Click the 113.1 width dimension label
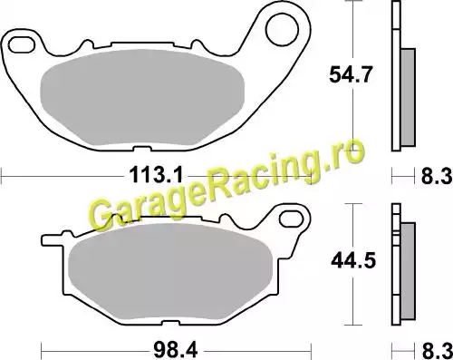[156, 175]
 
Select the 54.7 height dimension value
[350, 74]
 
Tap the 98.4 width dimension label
[175, 351]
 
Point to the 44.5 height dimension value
[353, 260]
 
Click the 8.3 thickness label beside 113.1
[437, 176]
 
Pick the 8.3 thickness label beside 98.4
[437, 351]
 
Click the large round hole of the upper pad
[282, 29]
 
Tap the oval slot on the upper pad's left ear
[21, 44]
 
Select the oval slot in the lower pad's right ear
[291, 219]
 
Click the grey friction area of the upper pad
[142, 97]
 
